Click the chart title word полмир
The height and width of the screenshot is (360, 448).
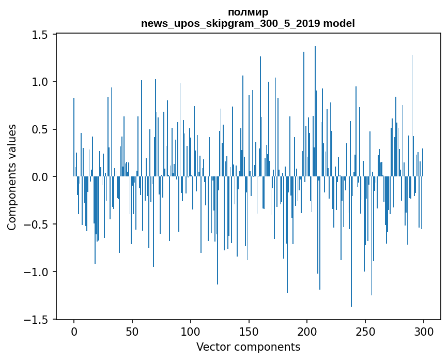pyautogui.click(x=248, y=12)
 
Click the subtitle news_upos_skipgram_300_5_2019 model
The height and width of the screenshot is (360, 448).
pyautogui.click(x=248, y=24)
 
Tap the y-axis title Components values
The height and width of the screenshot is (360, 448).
pyautogui.click(x=12, y=177)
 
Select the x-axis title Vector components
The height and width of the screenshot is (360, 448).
pyautogui.click(x=248, y=347)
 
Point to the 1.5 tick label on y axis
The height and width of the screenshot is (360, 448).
pyautogui.click(x=41, y=35)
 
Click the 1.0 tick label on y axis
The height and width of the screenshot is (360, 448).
pyautogui.click(x=41, y=82)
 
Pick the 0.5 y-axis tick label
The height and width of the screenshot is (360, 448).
pyautogui.click(x=41, y=129)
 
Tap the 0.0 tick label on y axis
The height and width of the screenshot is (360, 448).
pyautogui.click(x=41, y=177)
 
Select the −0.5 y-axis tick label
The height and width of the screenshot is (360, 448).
pyautogui.click(x=37, y=224)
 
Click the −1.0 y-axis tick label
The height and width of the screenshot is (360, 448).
pyautogui.click(x=37, y=272)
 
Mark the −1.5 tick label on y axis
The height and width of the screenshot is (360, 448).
pyautogui.click(x=37, y=320)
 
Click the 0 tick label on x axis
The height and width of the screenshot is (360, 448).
pyautogui.click(x=74, y=332)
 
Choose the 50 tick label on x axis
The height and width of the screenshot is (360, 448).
pyautogui.click(x=132, y=332)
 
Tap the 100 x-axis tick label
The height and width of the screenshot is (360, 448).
pyautogui.click(x=191, y=332)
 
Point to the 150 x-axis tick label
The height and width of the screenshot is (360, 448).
pyautogui.click(x=249, y=332)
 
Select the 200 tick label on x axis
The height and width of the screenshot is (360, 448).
pyautogui.click(x=307, y=332)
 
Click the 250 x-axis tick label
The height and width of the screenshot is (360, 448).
pyautogui.click(x=365, y=332)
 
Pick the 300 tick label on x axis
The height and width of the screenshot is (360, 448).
pyautogui.click(x=424, y=332)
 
